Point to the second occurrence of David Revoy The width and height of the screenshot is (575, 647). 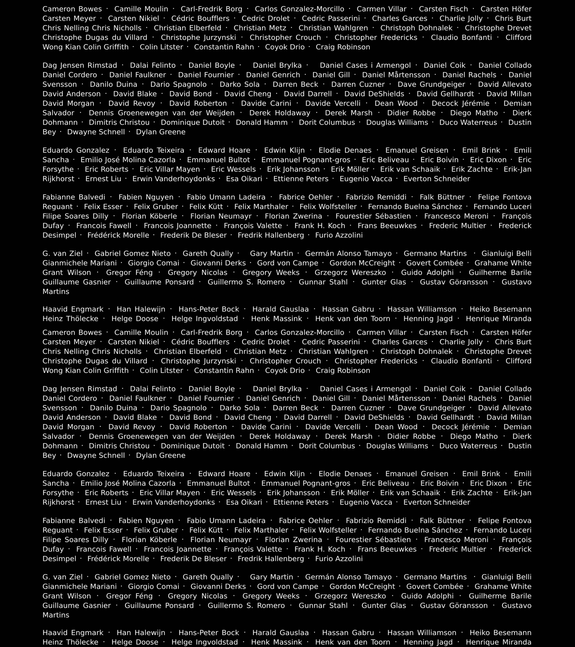pos(132,427)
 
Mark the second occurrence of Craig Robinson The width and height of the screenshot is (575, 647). pos(343,370)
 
